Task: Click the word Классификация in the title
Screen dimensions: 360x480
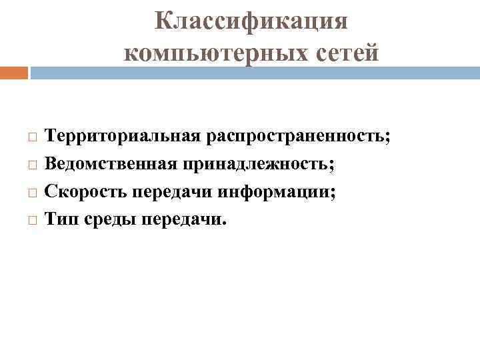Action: (x=251, y=21)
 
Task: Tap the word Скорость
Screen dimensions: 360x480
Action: (x=86, y=192)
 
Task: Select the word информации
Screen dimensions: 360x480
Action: (x=277, y=192)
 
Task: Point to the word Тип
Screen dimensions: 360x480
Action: (x=59, y=219)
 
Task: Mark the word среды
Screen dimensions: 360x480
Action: (x=107, y=220)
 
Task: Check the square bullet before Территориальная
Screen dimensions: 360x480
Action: (x=33, y=137)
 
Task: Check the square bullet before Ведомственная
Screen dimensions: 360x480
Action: (x=33, y=165)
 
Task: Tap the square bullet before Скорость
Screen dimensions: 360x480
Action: (x=33, y=192)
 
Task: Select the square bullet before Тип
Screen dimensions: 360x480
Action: (x=33, y=219)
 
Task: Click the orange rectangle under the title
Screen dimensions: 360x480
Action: (x=14, y=73)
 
